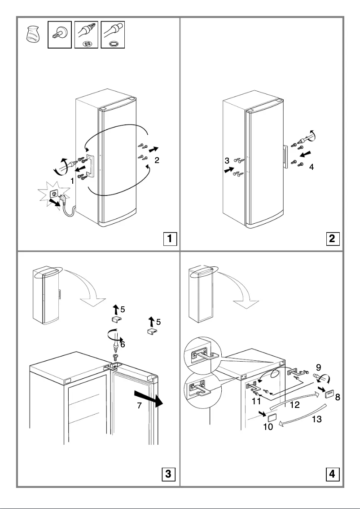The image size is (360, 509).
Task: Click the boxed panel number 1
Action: tap(169, 238)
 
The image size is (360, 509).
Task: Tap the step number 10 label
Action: tap(268, 427)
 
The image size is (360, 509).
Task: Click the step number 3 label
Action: tap(228, 160)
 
